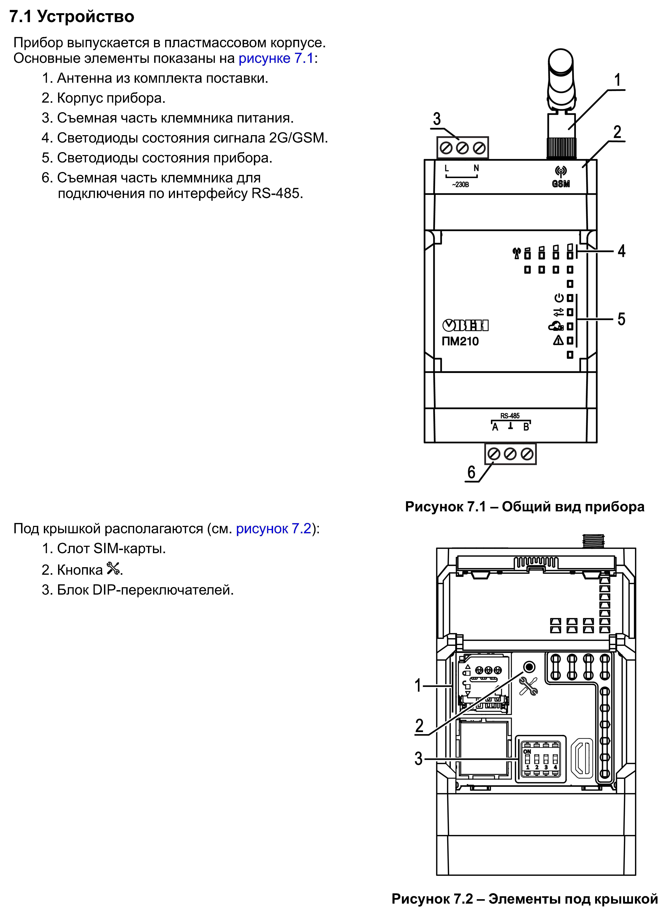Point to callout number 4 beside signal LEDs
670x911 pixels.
coord(621,251)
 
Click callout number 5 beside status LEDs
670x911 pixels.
coord(621,319)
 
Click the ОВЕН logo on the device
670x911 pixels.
coord(465,325)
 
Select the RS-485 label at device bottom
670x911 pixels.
coord(510,416)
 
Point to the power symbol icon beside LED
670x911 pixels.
coord(559,298)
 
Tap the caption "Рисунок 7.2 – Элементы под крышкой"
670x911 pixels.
coord(524,899)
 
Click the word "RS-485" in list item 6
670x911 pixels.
coord(276,193)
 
